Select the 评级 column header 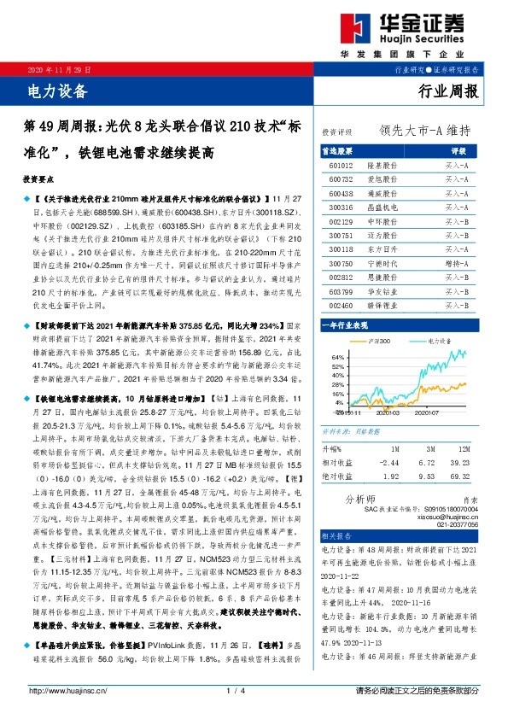click(x=458, y=149)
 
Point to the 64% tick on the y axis click(x=336, y=357)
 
